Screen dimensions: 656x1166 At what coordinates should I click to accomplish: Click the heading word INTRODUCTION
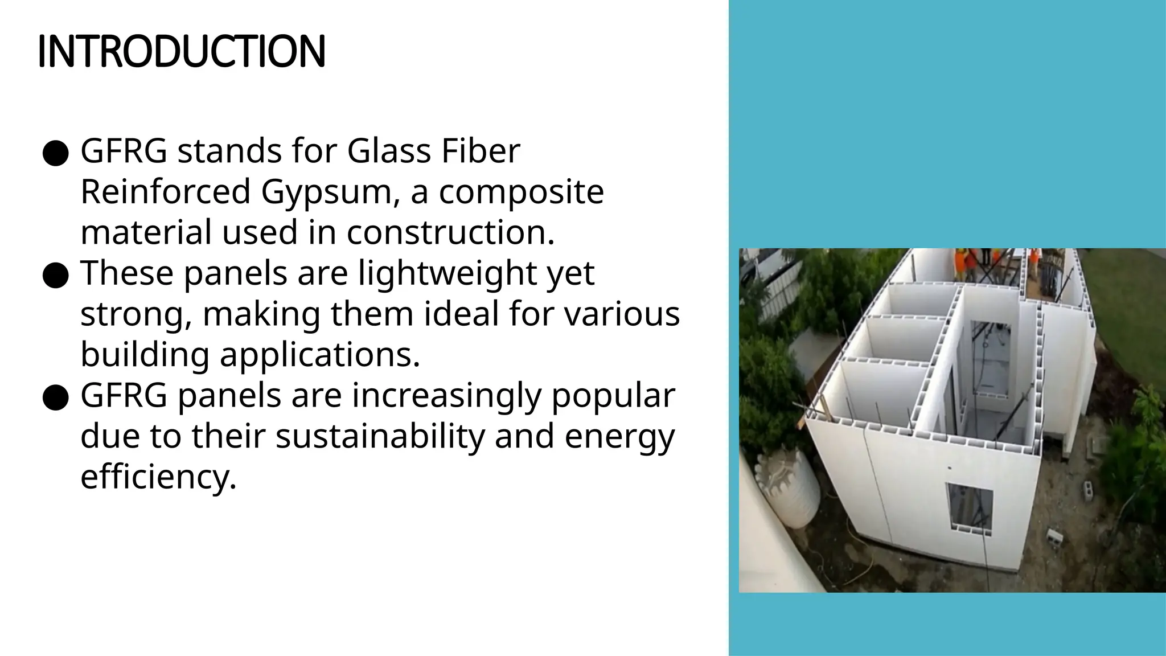181,51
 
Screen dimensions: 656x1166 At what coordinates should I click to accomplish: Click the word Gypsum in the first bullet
326,192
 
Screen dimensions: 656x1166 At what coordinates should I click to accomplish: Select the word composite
521,192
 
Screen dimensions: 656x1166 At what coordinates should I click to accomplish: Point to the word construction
450,232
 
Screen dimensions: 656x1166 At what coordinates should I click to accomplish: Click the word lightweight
447,273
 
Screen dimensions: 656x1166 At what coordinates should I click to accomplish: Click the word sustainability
380,436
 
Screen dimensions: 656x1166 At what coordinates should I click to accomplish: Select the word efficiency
158,477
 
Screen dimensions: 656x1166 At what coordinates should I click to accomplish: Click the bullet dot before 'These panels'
56,276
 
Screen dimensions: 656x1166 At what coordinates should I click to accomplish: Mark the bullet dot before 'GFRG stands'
56,154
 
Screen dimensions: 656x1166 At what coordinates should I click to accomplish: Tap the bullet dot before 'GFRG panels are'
56,398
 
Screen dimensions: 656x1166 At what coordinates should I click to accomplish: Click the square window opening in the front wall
969,509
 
